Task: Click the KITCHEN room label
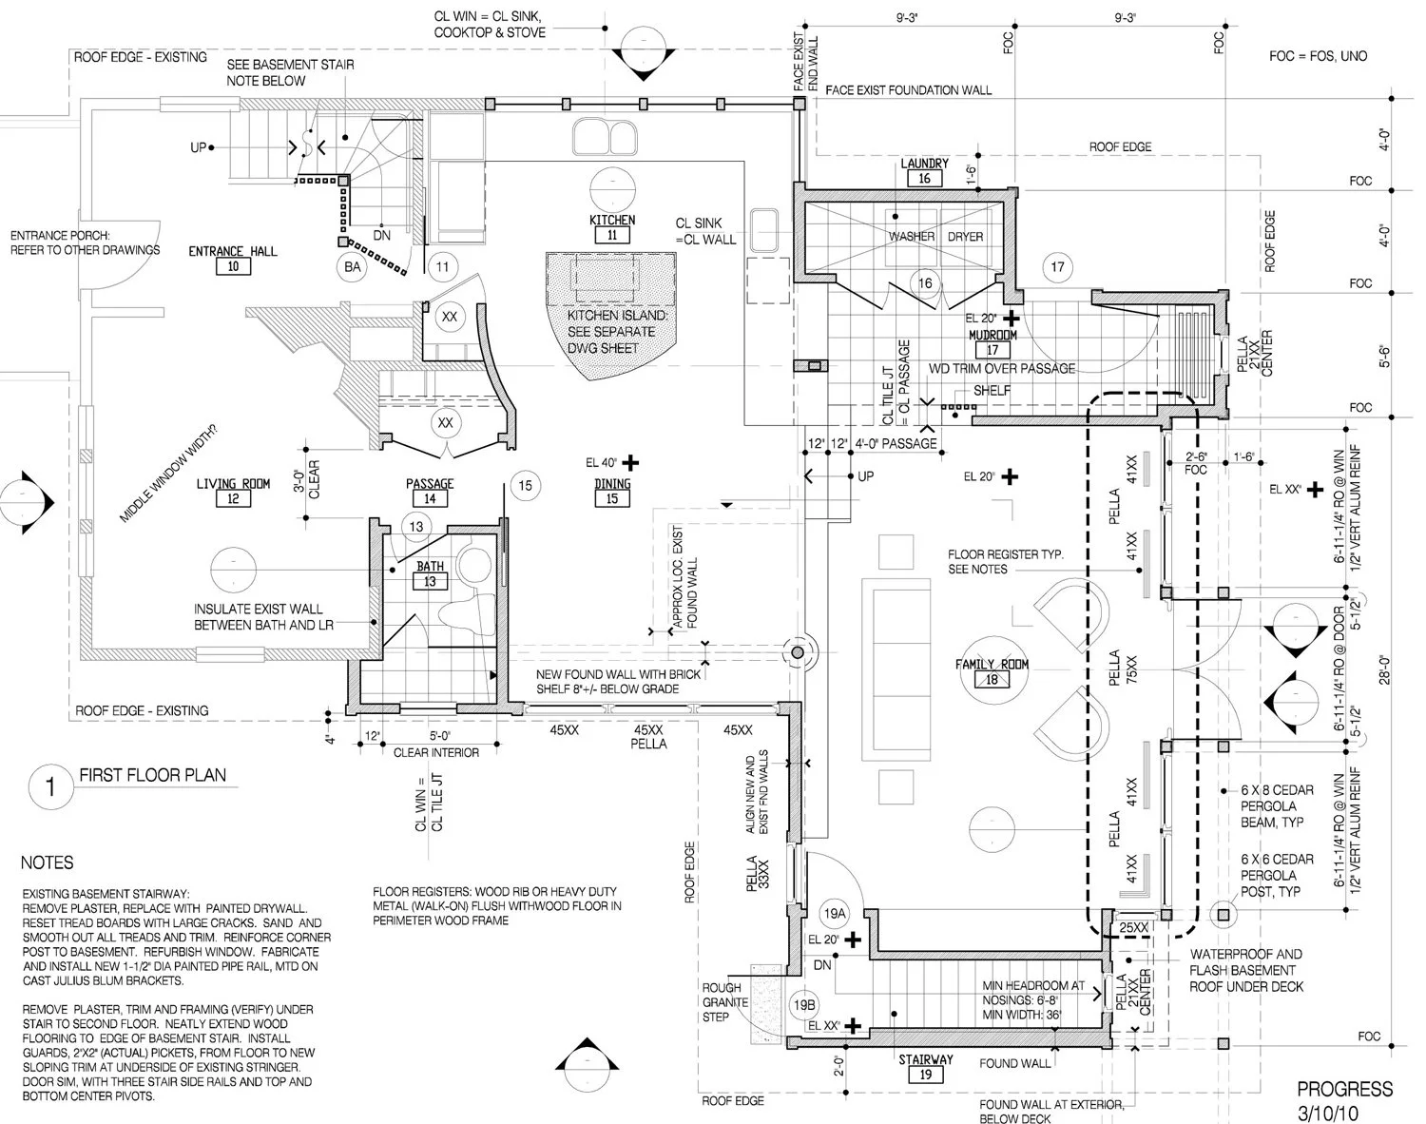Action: point(612,220)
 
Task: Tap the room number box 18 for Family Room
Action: point(992,680)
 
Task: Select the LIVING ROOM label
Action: point(233,484)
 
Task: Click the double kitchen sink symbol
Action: point(605,136)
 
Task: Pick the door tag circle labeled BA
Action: point(353,267)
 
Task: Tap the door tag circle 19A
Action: point(834,914)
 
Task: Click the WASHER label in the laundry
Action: point(911,236)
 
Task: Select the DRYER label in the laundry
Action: point(965,236)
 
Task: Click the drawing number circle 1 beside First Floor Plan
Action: point(48,786)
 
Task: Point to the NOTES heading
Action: point(47,862)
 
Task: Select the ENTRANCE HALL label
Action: point(233,251)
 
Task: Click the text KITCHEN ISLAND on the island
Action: point(611,315)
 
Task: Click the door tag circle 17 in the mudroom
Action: point(1057,267)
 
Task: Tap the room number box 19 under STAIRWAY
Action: point(926,1075)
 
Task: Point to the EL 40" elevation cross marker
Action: point(629,463)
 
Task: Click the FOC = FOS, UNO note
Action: point(1318,56)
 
